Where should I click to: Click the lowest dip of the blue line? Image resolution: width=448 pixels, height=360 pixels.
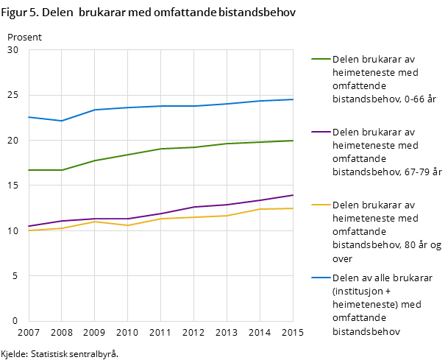point(61,121)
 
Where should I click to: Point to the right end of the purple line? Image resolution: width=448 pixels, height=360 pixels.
point(293,195)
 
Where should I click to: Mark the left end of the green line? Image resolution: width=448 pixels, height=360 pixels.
point(29,170)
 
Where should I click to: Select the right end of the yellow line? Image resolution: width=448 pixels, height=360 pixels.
point(293,208)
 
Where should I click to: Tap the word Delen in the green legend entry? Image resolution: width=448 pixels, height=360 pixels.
point(346,60)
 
